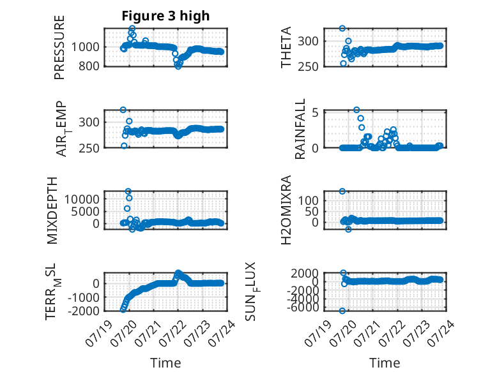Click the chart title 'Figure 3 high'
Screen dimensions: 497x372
[165, 16]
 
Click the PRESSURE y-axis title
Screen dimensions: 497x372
[59, 47]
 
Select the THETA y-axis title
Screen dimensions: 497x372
[286, 47]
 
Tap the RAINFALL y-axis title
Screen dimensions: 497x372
[300, 129]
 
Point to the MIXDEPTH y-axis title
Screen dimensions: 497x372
[52, 211]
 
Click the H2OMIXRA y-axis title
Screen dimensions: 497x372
[286, 210]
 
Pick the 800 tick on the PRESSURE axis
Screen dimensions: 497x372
[89, 66]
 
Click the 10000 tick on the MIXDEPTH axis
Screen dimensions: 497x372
[82, 199]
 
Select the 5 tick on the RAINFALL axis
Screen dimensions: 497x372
[315, 112]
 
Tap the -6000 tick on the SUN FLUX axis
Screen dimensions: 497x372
[304, 307]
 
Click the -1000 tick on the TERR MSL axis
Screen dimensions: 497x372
[84, 297]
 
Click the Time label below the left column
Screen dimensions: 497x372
[165, 363]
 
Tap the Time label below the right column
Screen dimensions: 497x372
[385, 363]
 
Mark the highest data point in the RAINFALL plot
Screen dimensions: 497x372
[356, 110]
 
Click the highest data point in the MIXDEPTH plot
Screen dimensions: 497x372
[128, 191]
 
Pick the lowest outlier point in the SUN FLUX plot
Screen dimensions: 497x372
[342, 311]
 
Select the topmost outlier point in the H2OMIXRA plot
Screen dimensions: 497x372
[342, 191]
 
